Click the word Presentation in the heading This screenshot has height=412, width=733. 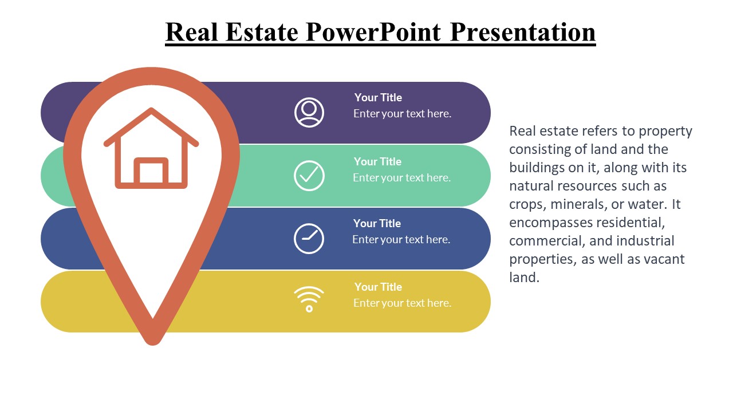[522, 31]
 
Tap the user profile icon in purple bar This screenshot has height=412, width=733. [309, 112]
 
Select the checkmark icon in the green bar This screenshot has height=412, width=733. [309, 176]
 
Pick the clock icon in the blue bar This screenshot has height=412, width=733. [309, 239]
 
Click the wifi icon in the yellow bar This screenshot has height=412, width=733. [309, 299]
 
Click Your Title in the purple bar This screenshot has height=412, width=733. [378, 97]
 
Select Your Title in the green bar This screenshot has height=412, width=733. [377, 161]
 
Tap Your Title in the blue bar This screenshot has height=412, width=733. [377, 223]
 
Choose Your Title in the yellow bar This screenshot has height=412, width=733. [378, 287]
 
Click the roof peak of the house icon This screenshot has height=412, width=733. [151, 110]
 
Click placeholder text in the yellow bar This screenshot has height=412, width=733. [402, 303]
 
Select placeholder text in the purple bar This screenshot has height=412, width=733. [402, 113]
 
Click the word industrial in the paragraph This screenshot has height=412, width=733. [645, 241]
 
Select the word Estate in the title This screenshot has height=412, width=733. [261, 31]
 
